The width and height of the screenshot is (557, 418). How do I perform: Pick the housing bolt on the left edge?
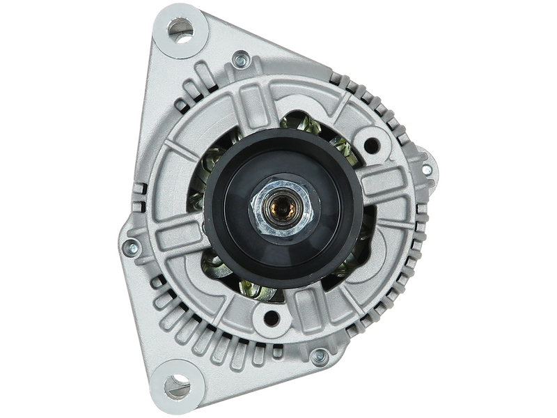pos(130,245)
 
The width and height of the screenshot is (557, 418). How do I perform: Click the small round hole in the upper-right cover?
pos(373,146)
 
